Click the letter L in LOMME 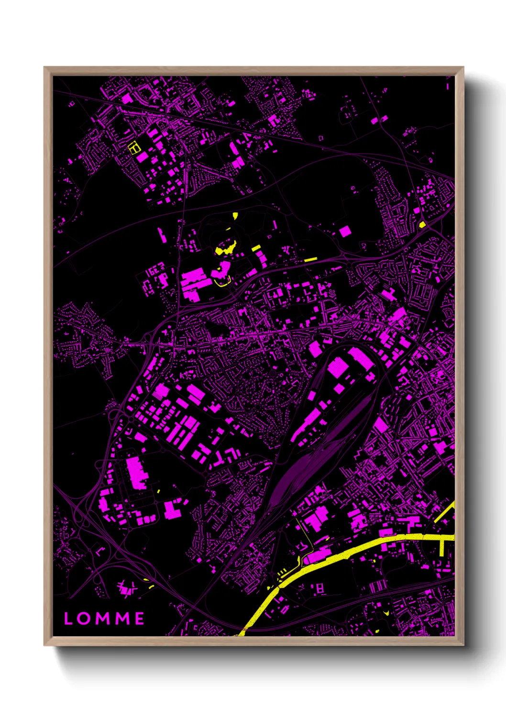[x=68, y=619]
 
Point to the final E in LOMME [x=139, y=619]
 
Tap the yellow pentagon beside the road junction [x=422, y=224]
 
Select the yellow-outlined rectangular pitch [x=134, y=147]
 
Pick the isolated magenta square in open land [x=345, y=232]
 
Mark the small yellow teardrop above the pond [x=235, y=216]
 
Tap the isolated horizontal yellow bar [x=310, y=260]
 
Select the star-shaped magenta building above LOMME [x=125, y=588]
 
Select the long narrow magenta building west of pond [x=161, y=235]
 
